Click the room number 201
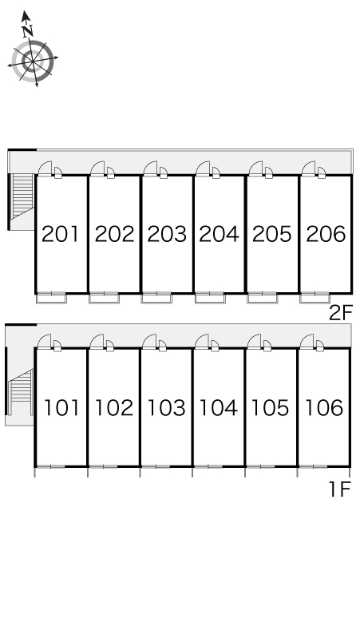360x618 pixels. [x=60, y=234]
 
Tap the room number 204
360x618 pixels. [x=219, y=234]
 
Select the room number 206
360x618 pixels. [x=326, y=234]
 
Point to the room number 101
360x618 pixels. [x=61, y=407]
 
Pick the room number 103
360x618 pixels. [x=166, y=407]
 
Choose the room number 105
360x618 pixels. [x=270, y=407]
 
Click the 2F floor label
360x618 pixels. [x=340, y=314]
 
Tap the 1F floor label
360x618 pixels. [x=339, y=489]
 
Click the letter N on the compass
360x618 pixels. [x=27, y=31]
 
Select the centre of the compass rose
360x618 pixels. [x=32, y=61]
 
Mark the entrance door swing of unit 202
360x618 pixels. [x=98, y=168]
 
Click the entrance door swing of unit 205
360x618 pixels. [x=256, y=168]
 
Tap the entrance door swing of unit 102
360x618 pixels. [x=97, y=341]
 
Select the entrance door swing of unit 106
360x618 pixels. [x=307, y=341]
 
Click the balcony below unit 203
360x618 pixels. [x=156, y=299]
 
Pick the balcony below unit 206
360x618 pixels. [x=315, y=299]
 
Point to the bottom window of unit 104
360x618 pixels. [x=209, y=466]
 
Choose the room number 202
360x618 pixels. [x=115, y=234]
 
